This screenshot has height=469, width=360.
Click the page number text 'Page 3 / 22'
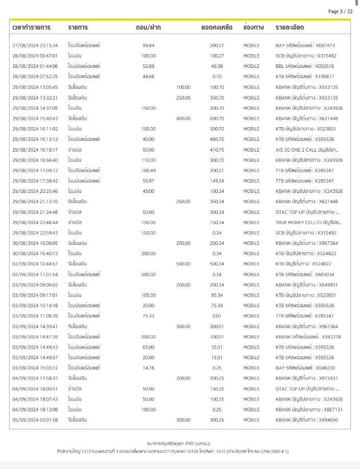340,11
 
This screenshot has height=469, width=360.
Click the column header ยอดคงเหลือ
217,27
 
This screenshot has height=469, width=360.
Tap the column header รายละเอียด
290,27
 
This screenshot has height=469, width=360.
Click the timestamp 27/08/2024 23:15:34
35,45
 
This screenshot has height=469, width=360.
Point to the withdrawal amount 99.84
148,45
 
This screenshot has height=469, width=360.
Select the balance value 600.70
217,118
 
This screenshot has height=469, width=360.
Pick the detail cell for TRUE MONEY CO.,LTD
308,223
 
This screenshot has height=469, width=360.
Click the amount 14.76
148,368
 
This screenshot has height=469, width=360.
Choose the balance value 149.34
217,181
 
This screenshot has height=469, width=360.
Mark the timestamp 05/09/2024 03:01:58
35,420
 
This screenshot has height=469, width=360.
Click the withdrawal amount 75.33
148,316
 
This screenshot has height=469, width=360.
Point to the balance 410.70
217,150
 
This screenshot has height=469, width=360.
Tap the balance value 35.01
217,347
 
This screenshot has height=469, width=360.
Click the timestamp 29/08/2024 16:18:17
35,150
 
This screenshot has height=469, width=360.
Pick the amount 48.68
148,77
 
